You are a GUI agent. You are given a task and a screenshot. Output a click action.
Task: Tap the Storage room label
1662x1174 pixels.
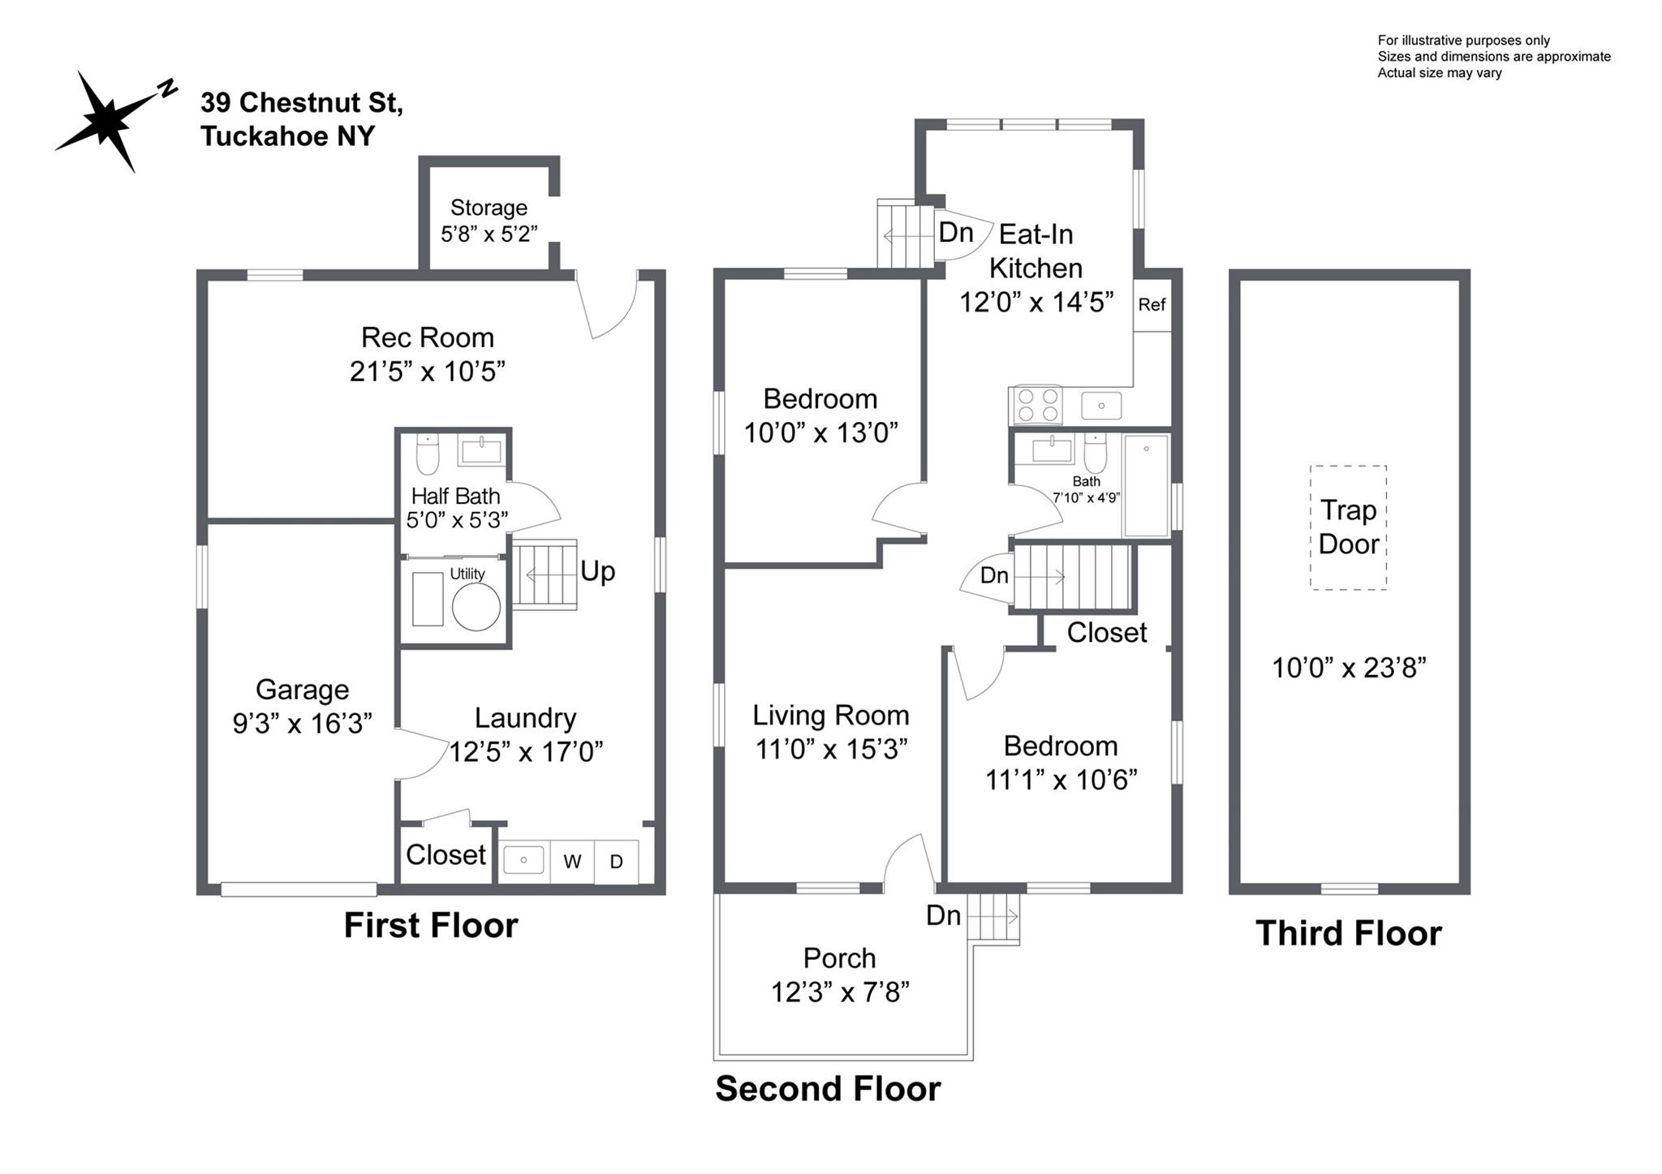tap(489, 208)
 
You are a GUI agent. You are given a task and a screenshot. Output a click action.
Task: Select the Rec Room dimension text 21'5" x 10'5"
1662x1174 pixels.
tap(428, 372)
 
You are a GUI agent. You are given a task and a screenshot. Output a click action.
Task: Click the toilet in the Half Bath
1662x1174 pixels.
tap(427, 454)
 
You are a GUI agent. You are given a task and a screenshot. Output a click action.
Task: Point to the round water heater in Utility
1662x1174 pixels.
tap(476, 608)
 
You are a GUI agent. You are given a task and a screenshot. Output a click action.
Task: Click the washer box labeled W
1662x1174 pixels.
tap(572, 862)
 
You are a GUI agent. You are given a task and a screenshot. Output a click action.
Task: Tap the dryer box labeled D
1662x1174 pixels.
tap(617, 862)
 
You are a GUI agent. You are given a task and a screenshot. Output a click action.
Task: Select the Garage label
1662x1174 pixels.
tap(302, 690)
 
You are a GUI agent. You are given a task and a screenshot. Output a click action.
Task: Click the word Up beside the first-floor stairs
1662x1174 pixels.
tap(597, 571)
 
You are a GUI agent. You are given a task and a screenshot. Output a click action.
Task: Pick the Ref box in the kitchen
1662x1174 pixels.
tap(1152, 304)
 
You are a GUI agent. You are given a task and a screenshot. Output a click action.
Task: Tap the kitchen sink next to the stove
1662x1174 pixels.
tap(1101, 405)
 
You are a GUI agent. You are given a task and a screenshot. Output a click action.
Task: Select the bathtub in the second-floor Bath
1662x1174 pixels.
tap(1145, 485)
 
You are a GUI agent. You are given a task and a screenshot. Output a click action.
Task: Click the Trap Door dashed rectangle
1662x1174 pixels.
tap(1348, 527)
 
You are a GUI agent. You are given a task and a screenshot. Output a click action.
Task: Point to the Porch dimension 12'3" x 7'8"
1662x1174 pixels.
tap(840, 992)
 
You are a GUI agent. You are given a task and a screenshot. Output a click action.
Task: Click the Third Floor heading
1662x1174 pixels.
tap(1349, 933)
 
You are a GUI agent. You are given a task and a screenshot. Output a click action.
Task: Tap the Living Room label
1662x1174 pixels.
tap(830, 716)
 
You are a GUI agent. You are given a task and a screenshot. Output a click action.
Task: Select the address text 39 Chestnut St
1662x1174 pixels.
tap(302, 103)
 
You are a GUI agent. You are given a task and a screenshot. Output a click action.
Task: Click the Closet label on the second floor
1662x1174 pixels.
tap(1106, 633)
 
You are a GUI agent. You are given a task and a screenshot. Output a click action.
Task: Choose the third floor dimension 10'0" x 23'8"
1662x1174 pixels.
tap(1349, 668)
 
